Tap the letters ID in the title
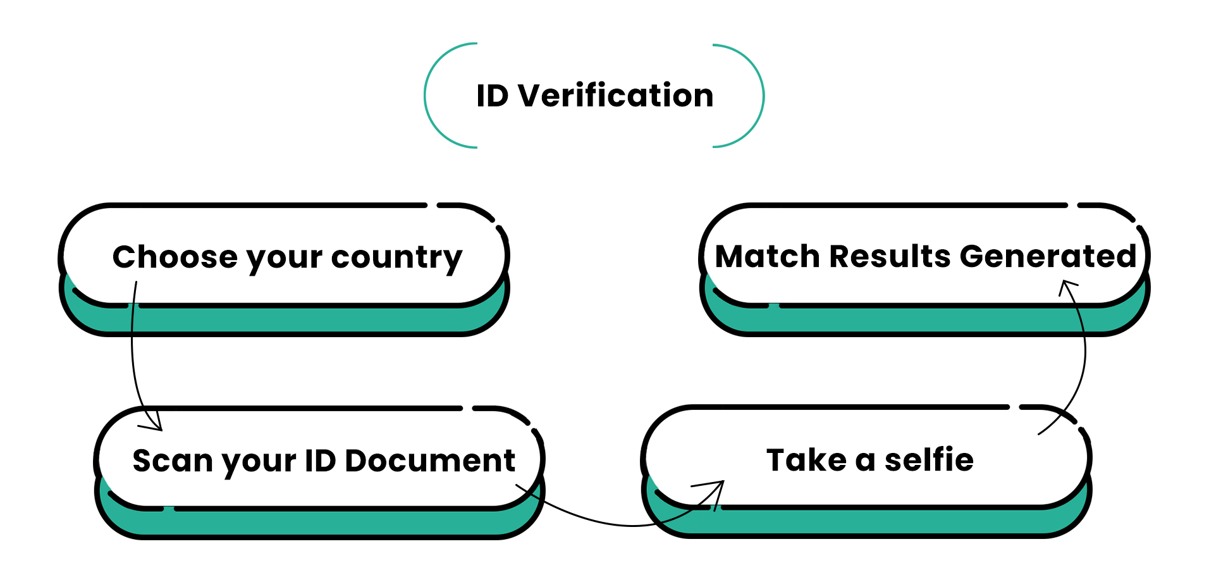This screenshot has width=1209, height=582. (x=492, y=96)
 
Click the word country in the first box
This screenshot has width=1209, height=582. (x=396, y=258)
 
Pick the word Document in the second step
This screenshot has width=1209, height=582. (x=430, y=461)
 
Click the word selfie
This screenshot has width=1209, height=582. (x=929, y=460)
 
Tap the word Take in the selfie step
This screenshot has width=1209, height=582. (x=806, y=460)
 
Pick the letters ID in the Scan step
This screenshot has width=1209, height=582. (x=320, y=461)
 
